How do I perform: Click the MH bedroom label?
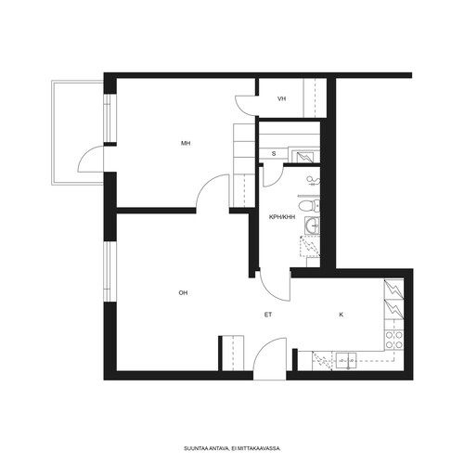(186, 143)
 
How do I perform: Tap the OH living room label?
(183, 293)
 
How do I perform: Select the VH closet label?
(281, 99)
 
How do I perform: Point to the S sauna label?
(274, 154)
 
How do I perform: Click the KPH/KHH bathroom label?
(282, 217)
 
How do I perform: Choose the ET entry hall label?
(268, 315)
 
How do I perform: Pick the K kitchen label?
(342, 315)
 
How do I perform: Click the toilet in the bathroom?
(309, 206)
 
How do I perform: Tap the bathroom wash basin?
(312, 226)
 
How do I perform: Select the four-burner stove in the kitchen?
(393, 340)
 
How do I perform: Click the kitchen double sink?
(346, 361)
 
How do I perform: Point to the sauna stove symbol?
(305, 157)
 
